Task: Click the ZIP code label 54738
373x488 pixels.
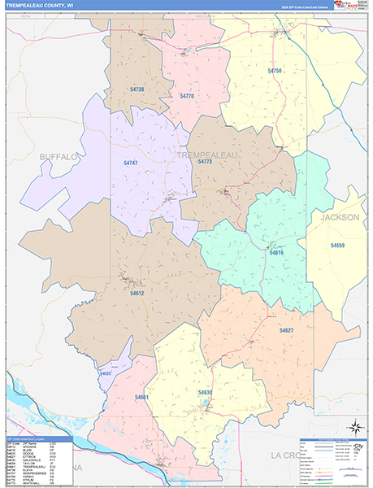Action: [x=137, y=89]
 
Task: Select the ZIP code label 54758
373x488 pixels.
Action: [x=275, y=71]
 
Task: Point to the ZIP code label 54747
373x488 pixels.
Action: [x=131, y=163]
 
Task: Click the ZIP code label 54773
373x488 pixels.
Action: [x=205, y=161]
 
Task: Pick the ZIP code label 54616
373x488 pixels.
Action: [x=276, y=253]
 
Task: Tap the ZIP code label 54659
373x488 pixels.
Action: [x=337, y=245]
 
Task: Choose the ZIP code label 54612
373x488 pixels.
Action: [x=137, y=293]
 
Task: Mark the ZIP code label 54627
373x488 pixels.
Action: [x=286, y=330]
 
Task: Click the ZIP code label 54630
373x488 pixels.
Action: [x=205, y=392]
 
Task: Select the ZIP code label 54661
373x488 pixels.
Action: [x=142, y=397]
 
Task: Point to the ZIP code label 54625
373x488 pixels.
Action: [x=105, y=373]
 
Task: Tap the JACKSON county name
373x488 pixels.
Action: [x=339, y=218]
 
